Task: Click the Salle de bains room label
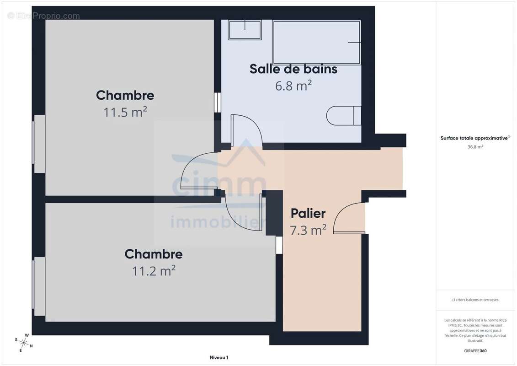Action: coord(293,69)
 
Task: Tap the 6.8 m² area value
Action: coord(293,86)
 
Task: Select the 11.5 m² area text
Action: coord(125,112)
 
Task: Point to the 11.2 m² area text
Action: coord(153,271)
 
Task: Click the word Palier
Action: coord(308,214)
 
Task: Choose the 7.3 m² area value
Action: coord(308,230)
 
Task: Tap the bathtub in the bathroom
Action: coord(316,43)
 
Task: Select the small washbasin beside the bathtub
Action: coord(245,30)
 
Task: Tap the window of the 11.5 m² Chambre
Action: coord(39,144)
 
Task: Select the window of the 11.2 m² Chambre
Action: coord(39,286)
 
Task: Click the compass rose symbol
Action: coord(23,343)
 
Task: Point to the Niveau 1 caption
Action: coord(219,357)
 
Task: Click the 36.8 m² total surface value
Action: coord(475,147)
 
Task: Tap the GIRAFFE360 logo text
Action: coord(475,351)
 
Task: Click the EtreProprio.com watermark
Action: coord(44,16)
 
